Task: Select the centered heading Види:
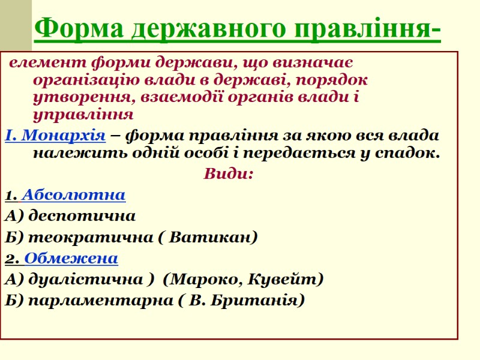tap(229, 174)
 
